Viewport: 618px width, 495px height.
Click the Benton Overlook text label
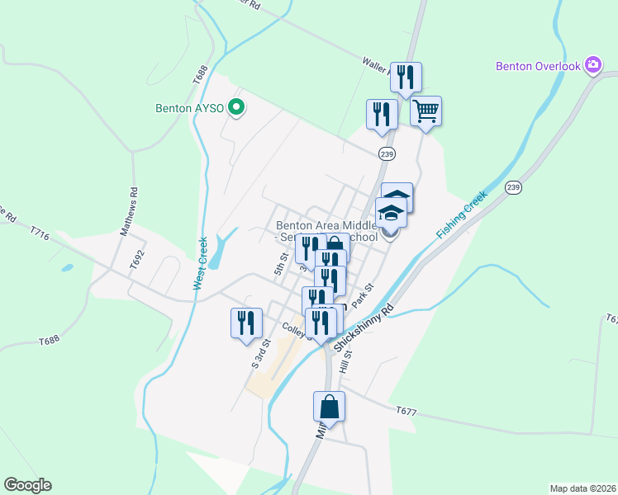(538, 65)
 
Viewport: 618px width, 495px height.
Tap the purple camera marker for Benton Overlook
(592, 64)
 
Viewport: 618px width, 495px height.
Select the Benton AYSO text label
(190, 107)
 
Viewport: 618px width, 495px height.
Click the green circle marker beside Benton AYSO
(235, 106)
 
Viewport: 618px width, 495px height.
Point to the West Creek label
(199, 264)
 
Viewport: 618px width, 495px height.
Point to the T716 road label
(40, 237)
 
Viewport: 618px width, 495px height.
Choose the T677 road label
(406, 410)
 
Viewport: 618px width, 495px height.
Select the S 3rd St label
(260, 353)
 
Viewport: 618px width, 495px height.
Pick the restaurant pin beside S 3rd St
(246, 323)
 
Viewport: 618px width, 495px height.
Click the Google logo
(27, 485)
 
